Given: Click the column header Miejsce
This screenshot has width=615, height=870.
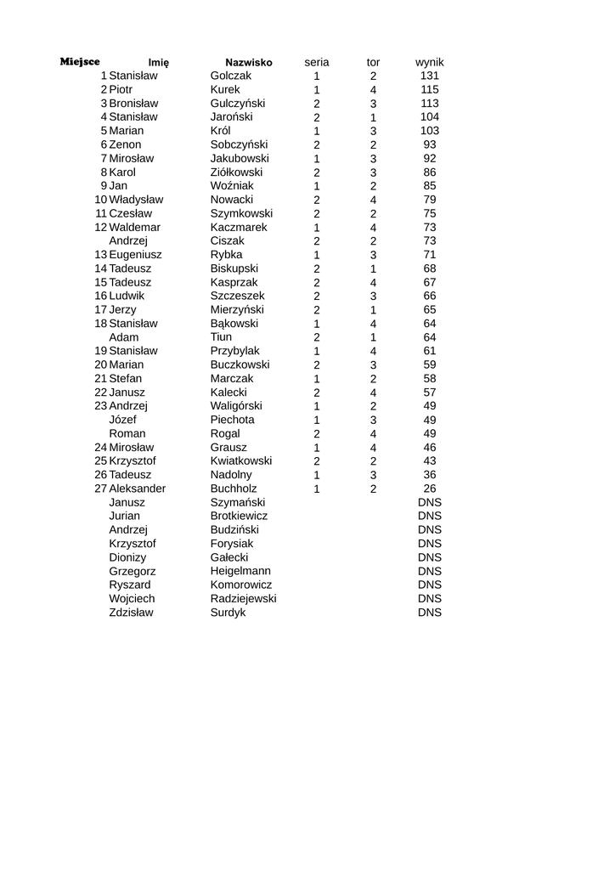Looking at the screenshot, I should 80,62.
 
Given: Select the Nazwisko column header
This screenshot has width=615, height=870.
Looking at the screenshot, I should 248,63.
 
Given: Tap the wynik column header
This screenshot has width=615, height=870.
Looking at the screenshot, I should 429,62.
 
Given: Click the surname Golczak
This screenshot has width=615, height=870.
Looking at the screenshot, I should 231,76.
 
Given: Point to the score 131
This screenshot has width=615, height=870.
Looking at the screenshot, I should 430,76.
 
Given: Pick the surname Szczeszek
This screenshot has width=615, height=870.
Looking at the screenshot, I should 237,296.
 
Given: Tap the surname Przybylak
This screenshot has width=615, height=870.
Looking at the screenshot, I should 235,351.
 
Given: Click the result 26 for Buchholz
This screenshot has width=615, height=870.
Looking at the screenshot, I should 430,489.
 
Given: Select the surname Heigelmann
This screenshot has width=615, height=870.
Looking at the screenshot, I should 240,571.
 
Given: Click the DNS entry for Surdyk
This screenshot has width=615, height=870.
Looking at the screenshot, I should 430,613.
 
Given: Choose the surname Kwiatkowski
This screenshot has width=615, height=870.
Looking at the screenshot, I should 241,460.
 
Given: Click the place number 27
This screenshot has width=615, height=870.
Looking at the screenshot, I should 101,489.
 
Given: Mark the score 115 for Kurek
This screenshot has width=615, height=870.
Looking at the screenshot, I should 430,89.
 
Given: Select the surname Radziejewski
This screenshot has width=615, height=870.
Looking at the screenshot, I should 243,598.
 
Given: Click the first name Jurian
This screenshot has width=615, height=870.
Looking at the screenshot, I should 125,516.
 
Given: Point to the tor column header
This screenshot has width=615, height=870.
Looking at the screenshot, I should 373,62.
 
